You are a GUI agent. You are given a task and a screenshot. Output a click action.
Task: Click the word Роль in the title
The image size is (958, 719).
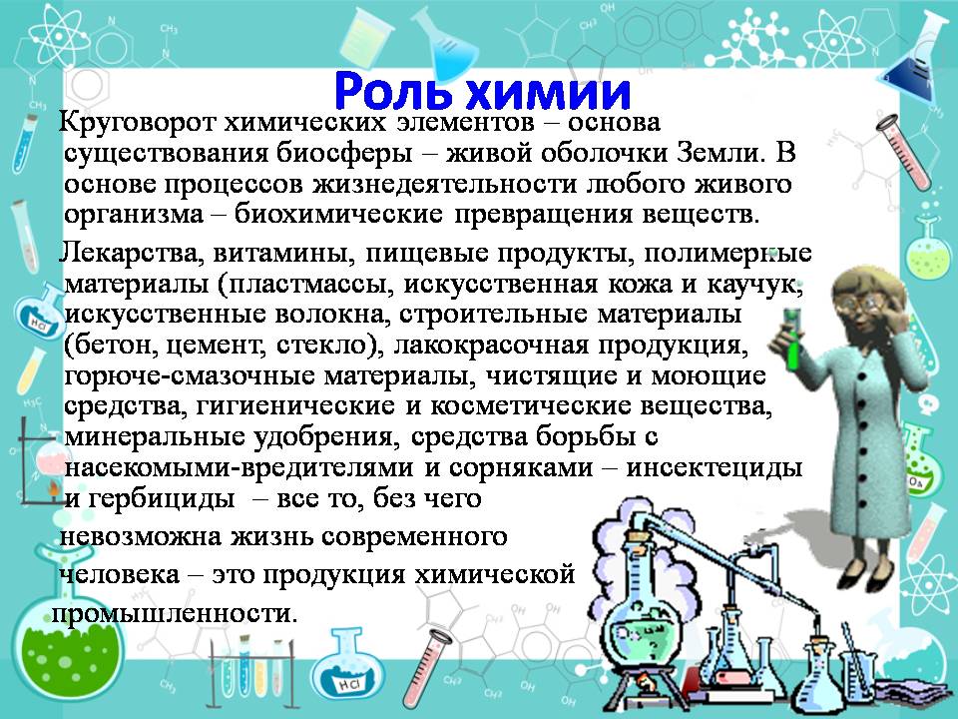tap(394, 93)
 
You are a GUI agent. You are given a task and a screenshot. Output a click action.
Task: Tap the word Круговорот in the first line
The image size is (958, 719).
tap(138, 123)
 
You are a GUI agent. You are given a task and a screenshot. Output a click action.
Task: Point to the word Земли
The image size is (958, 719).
tap(720, 152)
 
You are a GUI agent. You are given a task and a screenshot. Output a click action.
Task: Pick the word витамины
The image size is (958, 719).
tap(284, 253)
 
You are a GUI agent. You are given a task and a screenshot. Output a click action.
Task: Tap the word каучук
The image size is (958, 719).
tap(754, 285)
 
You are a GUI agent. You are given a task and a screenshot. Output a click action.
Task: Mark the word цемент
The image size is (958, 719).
tap(217, 347)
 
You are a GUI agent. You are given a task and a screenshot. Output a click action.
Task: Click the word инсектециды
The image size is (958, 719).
tap(715, 468)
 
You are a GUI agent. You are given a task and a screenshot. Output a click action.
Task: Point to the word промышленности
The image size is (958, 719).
tap(175, 613)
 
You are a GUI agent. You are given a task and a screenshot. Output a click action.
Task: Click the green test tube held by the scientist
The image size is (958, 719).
tap(792, 339)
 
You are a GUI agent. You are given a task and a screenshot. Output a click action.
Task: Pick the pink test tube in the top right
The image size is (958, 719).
tap(903, 153)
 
